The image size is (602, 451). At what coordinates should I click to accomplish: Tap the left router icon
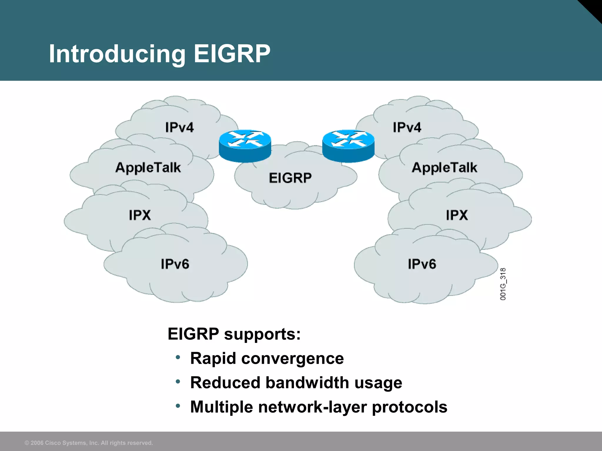tap(245, 146)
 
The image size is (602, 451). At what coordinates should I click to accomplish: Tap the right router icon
tap(348, 146)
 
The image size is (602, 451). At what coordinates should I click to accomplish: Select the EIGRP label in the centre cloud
tap(290, 178)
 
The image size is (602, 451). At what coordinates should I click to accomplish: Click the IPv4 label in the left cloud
tap(179, 127)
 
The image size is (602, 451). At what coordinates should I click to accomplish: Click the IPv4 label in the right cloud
tap(407, 127)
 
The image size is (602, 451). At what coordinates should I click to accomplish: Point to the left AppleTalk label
tap(148, 168)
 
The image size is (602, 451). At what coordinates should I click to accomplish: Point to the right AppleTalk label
tap(444, 168)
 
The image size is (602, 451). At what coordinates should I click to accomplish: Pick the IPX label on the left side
tap(140, 215)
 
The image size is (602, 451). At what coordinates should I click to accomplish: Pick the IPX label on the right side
tap(456, 215)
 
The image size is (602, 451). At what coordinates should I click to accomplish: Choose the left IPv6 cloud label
tap(175, 264)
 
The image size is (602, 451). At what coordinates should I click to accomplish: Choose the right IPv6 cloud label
tap(422, 264)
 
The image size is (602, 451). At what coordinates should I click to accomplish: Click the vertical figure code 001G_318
tap(503, 284)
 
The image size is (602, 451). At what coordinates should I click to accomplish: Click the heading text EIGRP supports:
tap(234, 334)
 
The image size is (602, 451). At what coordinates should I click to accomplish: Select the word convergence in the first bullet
tap(292, 359)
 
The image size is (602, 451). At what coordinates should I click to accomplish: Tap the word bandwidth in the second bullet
tap(307, 383)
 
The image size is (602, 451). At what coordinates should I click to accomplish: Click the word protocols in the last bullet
tap(409, 407)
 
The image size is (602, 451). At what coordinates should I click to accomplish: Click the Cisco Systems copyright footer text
tap(89, 443)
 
